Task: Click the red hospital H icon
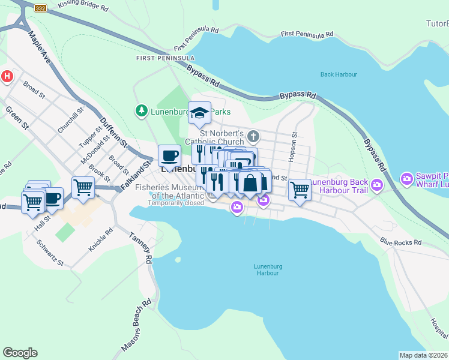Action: pyautogui.click(x=7, y=76)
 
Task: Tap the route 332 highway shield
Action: pyautogui.click(x=41, y=8)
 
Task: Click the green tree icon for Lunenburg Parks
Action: pyautogui.click(x=140, y=111)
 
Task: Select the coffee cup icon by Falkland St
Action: pyautogui.click(x=170, y=155)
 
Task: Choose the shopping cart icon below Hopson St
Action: pyautogui.click(x=300, y=189)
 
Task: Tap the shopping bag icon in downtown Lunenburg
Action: pyautogui.click(x=250, y=182)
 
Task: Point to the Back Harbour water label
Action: pyautogui.click(x=339, y=74)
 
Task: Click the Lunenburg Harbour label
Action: pyautogui.click(x=267, y=269)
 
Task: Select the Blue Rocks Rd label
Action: pyautogui.click(x=400, y=242)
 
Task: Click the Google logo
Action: pyautogui.click(x=20, y=353)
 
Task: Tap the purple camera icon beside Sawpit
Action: pyautogui.click(x=407, y=178)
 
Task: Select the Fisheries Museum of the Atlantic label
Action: pyautogui.click(x=163, y=191)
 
